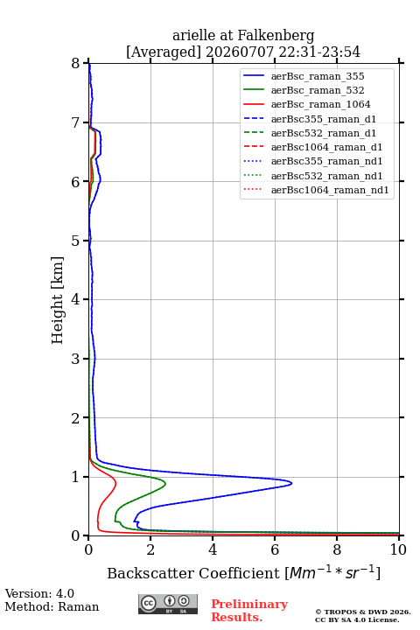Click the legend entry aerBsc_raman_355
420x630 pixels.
pyautogui.click(x=318, y=76)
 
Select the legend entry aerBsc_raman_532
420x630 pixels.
pyautogui.click(x=318, y=90)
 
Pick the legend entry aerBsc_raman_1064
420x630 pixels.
pyautogui.click(x=321, y=104)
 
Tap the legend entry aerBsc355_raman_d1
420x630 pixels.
pyautogui.click(x=324, y=119)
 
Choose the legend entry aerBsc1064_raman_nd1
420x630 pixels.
pyautogui.click(x=330, y=190)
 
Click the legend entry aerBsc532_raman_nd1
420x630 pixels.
pyautogui.click(x=326, y=176)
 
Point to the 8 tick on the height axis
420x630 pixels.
pyautogui.click(x=86, y=63)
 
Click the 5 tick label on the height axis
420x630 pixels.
pyautogui.click(x=75, y=241)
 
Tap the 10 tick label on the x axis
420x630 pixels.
pyautogui.click(x=398, y=549)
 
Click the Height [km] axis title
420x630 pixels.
pyautogui.click(x=58, y=300)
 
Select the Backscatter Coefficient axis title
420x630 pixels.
pyautogui.click(x=243, y=573)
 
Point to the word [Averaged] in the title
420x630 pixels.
pyautogui.click(x=163, y=52)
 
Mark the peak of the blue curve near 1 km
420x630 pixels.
pyautogui.click(x=291, y=483)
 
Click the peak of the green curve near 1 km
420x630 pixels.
pyautogui.click(x=165, y=483)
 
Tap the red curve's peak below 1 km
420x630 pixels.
pyautogui.click(x=115, y=482)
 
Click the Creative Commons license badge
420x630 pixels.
pyautogui.click(x=168, y=604)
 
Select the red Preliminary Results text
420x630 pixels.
pyautogui.click(x=249, y=611)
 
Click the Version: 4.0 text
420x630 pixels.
pyautogui.click(x=39, y=593)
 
